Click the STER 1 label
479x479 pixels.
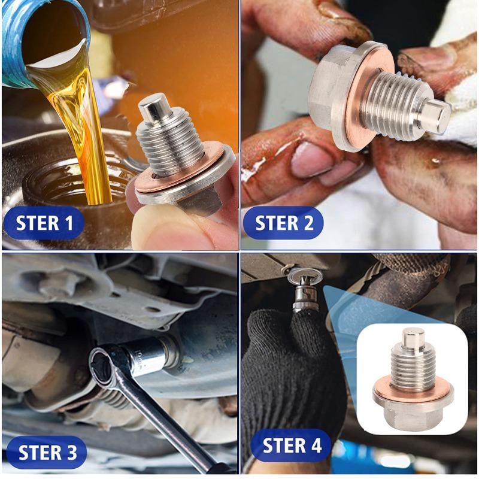pos(45,223)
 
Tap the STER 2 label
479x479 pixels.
pos(284,223)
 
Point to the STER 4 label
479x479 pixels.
pos(292,445)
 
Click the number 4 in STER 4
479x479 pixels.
pos(316,445)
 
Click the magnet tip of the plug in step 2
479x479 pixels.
pos(436,116)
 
